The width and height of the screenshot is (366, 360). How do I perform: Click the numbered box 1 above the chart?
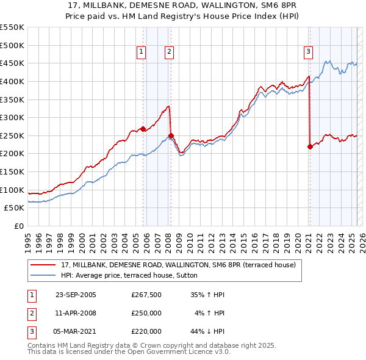pyautogui.click(x=141, y=52)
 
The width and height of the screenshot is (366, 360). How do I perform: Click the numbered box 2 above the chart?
pyautogui.click(x=168, y=52)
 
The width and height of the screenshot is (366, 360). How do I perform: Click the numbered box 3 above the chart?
pyautogui.click(x=308, y=52)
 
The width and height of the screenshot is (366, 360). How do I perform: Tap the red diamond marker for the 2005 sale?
pyautogui.click(x=143, y=129)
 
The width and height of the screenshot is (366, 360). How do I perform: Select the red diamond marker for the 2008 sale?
pyautogui.click(x=171, y=135)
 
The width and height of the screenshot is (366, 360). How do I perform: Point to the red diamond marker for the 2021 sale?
pyautogui.click(x=310, y=146)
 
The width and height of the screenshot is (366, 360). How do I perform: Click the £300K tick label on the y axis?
pyautogui.click(x=12, y=117)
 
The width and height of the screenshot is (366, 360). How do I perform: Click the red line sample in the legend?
pyautogui.click(x=43, y=265)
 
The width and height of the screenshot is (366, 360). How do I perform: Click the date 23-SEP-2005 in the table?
pyautogui.click(x=76, y=295)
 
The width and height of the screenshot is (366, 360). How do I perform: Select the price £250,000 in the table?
pyautogui.click(x=146, y=313)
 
